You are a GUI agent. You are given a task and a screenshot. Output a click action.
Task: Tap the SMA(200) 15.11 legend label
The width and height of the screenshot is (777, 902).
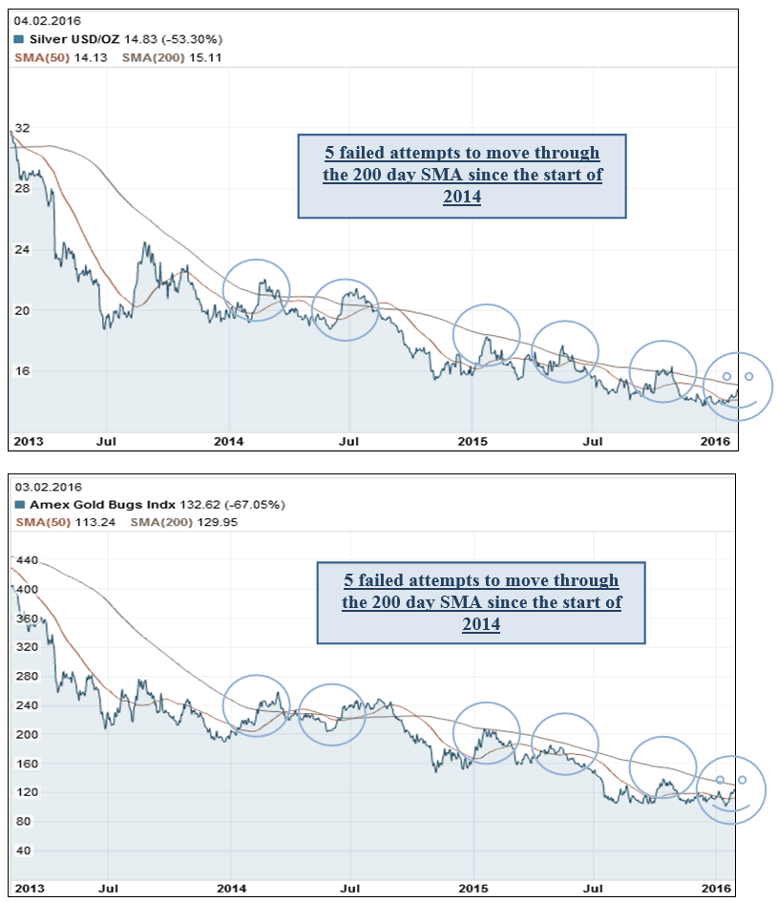pyautogui.click(x=168, y=55)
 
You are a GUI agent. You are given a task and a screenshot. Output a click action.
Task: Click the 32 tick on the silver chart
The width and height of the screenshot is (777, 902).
pyautogui.click(x=23, y=127)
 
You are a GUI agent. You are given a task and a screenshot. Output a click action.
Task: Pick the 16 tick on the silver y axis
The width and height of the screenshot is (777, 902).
pyautogui.click(x=23, y=370)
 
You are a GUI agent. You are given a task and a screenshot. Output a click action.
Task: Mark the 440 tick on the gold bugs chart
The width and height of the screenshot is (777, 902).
pyautogui.click(x=27, y=560)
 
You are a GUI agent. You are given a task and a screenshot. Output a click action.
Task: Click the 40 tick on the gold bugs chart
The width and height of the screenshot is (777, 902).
pyautogui.click(x=24, y=850)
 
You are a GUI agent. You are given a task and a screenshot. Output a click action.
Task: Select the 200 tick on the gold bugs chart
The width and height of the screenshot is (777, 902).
pyautogui.click(x=27, y=734)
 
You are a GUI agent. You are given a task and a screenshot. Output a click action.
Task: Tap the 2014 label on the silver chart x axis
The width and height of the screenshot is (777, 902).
pyautogui.click(x=229, y=441)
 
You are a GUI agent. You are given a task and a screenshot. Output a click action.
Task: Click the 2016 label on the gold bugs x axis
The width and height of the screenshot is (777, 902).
pyautogui.click(x=717, y=888)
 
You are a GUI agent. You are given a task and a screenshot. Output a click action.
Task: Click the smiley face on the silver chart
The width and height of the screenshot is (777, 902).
pyautogui.click(x=738, y=387)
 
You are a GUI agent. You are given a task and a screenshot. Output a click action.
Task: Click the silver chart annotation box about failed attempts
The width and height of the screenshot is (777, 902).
pyautogui.click(x=462, y=176)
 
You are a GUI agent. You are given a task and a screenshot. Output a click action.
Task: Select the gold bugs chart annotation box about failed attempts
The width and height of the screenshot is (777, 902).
pyautogui.click(x=482, y=601)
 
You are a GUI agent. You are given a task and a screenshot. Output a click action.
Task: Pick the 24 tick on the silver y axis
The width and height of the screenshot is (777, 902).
pyautogui.click(x=23, y=249)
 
